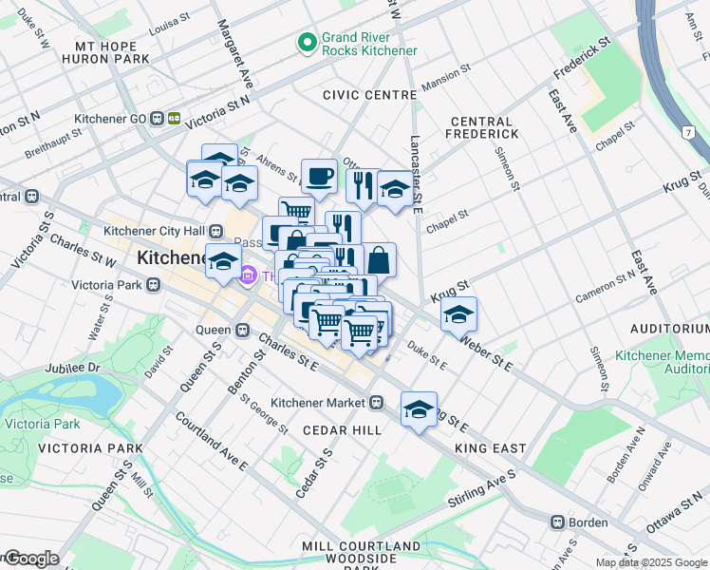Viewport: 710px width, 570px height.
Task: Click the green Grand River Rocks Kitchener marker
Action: [x=307, y=43]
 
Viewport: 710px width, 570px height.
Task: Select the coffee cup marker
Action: [x=318, y=177]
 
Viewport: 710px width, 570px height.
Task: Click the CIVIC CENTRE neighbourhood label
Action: [x=369, y=95]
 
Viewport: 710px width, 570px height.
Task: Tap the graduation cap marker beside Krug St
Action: [x=458, y=314]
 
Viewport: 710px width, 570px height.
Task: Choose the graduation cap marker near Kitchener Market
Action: [x=419, y=409]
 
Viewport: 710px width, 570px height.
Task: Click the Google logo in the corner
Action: [x=30, y=559]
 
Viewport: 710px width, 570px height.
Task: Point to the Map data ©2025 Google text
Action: [x=651, y=562]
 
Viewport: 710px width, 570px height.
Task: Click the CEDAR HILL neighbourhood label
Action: [x=342, y=430]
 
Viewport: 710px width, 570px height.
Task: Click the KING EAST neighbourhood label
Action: [x=490, y=447]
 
